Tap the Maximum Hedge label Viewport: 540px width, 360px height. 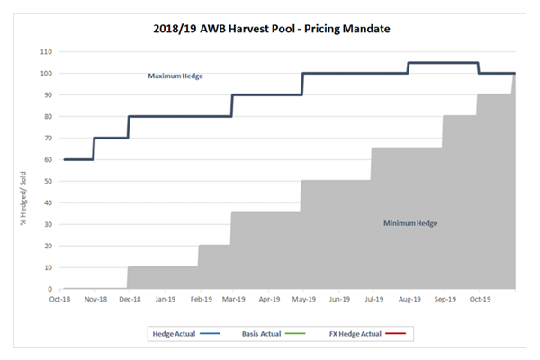(175, 76)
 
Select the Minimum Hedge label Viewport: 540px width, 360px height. (410, 222)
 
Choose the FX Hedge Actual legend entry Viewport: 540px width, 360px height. (379, 333)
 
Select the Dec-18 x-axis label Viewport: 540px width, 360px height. (131, 299)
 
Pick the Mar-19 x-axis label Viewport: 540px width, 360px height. (234, 299)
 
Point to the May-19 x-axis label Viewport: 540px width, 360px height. (303, 299)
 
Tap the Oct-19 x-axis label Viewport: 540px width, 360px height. (479, 299)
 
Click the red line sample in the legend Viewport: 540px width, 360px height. (395, 333)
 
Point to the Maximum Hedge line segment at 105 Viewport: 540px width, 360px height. (443, 63)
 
